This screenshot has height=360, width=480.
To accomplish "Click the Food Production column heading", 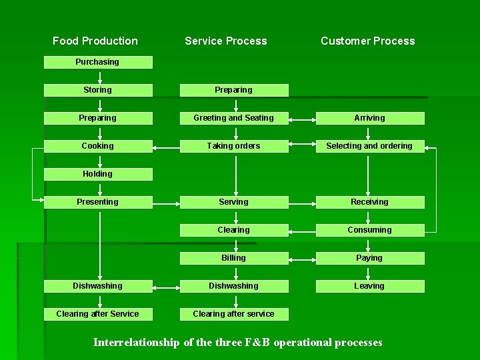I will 95,41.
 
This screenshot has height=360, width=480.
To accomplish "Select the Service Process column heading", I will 225,41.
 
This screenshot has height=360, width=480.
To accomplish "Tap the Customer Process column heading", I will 367,41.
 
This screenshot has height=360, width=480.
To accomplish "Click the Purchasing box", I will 98,62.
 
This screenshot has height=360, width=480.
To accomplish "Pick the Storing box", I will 98,90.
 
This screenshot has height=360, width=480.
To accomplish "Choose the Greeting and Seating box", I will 234,118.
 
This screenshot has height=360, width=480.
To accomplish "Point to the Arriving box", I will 370,118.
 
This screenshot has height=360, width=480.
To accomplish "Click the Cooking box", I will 98,146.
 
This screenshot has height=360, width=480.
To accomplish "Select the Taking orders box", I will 234,146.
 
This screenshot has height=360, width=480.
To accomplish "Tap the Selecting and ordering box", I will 370,146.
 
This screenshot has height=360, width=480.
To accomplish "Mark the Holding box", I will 98,174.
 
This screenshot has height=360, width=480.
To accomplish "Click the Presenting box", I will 98,202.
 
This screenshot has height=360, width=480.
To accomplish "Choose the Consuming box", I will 370,230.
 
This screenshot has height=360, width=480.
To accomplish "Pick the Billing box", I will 234,258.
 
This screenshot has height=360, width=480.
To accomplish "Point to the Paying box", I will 370,258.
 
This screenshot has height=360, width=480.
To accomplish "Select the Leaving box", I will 370,286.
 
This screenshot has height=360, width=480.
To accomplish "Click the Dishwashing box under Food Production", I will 98,286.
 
